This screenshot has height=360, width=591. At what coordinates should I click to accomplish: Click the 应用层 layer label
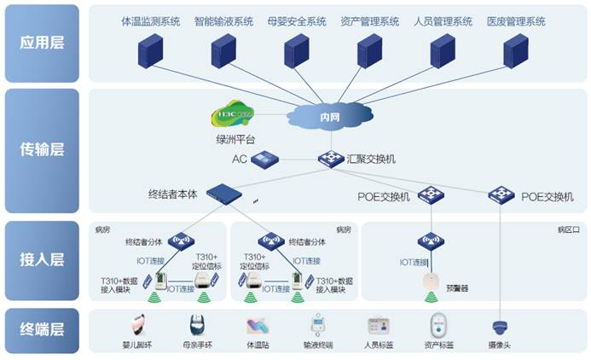(x=41, y=42)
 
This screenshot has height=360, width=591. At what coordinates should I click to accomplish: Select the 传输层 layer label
(x=41, y=150)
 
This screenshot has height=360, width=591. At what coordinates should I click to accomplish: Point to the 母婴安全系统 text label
(x=296, y=20)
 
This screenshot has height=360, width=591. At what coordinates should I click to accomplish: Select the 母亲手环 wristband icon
(x=196, y=325)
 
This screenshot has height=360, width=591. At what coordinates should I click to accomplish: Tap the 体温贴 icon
(x=256, y=326)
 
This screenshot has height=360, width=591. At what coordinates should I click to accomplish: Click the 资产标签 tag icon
(x=437, y=325)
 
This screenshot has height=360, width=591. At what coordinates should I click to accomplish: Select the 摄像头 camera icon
(x=500, y=326)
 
